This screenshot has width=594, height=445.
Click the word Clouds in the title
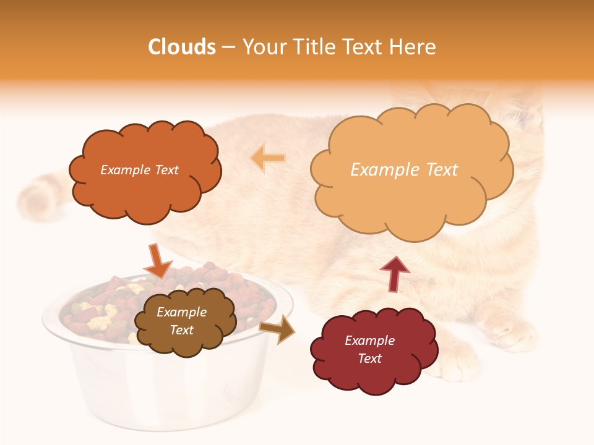point(182,47)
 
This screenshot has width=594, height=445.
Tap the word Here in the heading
point(413,47)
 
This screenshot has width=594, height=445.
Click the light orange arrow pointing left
point(268,158)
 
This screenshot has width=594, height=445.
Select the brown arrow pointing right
point(277,329)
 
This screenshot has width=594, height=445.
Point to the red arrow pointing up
point(394,274)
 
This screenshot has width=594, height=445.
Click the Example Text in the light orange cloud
point(404,169)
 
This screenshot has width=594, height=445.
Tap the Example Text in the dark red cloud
point(369,349)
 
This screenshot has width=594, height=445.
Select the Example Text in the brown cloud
point(181,321)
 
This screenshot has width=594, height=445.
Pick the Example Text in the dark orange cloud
point(139,169)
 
